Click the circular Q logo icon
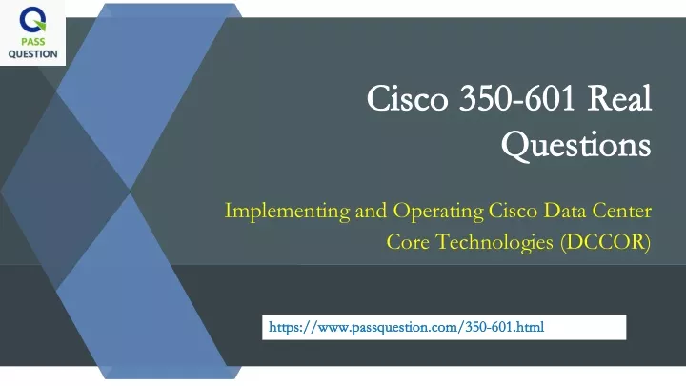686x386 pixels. [32, 20]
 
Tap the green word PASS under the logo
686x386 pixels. [32, 42]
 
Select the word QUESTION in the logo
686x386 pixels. [32, 53]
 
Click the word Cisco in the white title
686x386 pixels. [408, 98]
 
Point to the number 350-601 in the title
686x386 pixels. [516, 98]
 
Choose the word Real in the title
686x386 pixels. [619, 97]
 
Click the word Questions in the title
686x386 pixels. [576, 145]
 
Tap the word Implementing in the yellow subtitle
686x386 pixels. [287, 212]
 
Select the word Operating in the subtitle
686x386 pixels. [438, 212]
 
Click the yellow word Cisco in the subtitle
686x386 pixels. [513, 211]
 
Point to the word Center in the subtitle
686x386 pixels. [621, 211]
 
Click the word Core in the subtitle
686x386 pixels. [408, 242]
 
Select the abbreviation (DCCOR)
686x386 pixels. [606, 242]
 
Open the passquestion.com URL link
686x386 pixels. [407, 327]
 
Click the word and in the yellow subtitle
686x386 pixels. [371, 211]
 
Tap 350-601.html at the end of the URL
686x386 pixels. [504, 327]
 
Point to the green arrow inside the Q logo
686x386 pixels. [40, 25]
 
